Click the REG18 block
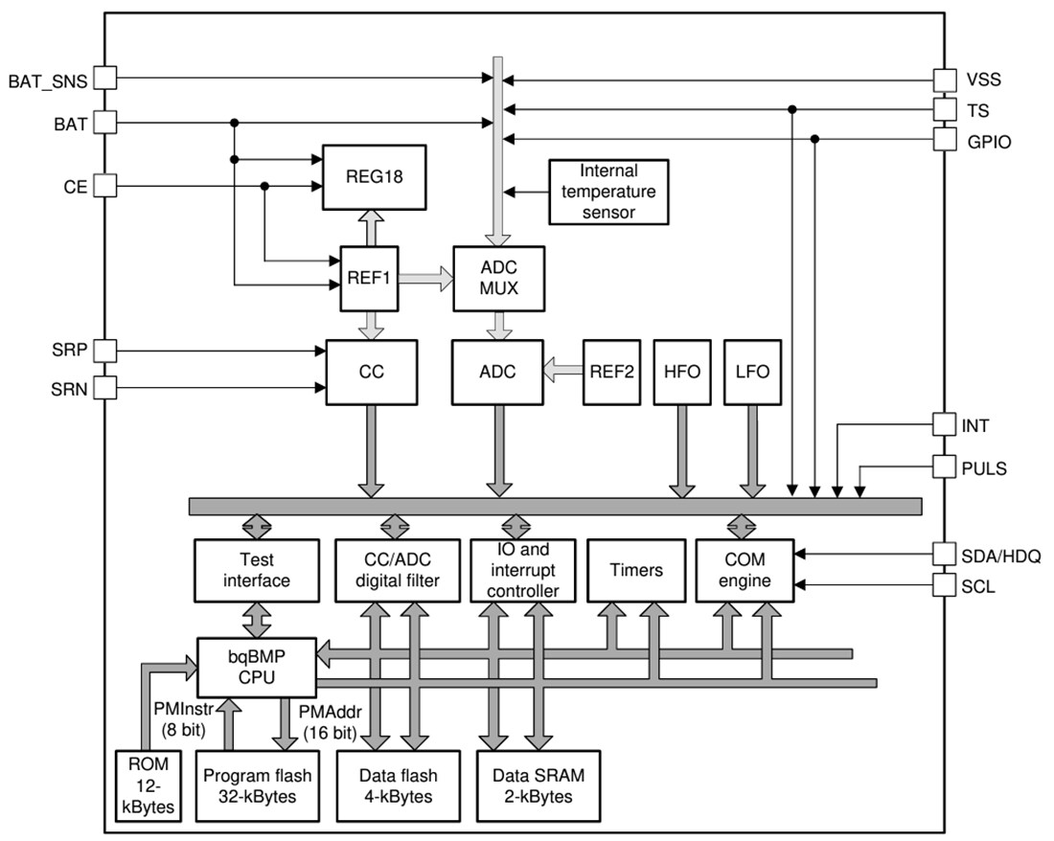(372, 177)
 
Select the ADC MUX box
(497, 277)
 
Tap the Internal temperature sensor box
(608, 192)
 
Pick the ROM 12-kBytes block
(144, 784)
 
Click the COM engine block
(744, 570)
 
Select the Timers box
(636, 570)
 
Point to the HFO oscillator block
(680, 371)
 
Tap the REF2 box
(610, 371)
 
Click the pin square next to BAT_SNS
(104, 79)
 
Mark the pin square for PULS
(944, 468)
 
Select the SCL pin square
(944, 584)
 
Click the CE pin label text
(76, 187)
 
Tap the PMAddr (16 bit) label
(329, 723)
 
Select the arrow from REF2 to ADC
(561, 371)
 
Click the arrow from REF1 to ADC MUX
(426, 278)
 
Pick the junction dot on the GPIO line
(814, 139)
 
